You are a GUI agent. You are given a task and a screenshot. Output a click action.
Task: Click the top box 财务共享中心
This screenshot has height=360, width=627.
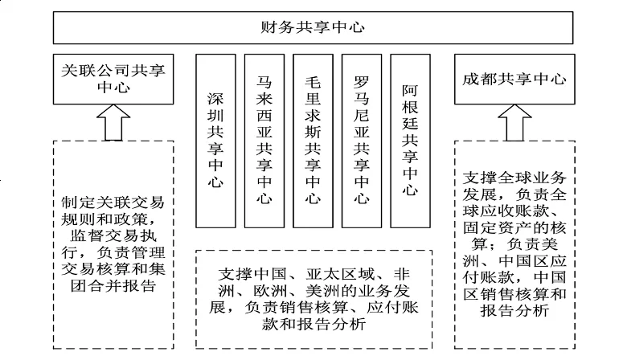(313, 27)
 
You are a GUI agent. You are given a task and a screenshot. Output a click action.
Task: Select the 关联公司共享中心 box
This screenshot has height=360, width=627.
(113, 79)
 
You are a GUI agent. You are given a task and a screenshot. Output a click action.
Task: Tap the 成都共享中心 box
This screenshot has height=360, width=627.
(514, 79)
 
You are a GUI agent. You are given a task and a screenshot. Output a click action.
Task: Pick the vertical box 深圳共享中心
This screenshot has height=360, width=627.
(215, 141)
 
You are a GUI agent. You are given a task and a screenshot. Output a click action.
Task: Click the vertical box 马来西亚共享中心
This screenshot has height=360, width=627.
(264, 141)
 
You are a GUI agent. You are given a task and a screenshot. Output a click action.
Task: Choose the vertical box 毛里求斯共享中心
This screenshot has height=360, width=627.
(313, 141)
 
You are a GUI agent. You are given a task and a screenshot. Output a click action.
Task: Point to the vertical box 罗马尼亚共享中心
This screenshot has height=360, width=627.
(362, 141)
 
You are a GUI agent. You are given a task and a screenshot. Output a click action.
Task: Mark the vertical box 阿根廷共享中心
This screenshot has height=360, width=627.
(410, 141)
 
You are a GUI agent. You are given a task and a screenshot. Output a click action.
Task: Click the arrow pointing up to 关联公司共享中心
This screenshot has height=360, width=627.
(113, 123)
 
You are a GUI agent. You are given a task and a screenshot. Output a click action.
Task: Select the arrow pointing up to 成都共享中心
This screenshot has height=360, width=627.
(514, 123)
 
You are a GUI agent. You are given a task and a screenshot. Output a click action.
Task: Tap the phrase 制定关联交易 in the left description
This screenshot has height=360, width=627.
(113, 202)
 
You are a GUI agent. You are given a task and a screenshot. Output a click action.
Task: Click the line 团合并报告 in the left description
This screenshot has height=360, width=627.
(113, 286)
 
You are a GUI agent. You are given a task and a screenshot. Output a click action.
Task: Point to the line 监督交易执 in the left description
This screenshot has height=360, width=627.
(113, 235)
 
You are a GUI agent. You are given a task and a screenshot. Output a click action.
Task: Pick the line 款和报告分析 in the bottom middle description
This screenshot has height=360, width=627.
(313, 324)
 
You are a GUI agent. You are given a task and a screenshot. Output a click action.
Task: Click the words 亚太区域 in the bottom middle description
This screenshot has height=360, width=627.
(340, 274)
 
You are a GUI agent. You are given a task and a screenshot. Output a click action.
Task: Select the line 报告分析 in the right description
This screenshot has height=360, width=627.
(514, 310)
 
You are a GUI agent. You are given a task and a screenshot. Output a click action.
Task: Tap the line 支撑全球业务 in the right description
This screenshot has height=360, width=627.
(514, 178)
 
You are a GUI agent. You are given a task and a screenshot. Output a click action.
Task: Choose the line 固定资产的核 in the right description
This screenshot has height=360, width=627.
(514, 227)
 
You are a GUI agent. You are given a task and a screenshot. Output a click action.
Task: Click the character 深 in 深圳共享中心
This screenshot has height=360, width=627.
(215, 99)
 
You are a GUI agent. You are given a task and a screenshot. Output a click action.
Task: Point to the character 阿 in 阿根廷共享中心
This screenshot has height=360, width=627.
(410, 91)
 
